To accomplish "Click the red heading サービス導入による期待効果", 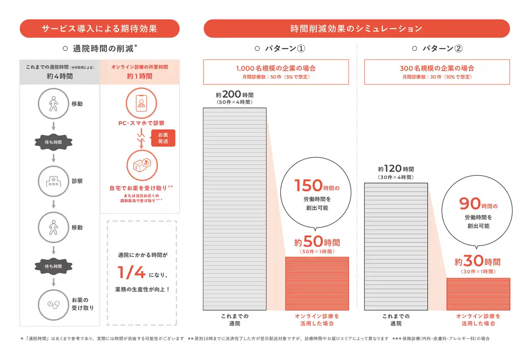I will [99, 29].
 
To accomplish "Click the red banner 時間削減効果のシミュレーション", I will [356, 29].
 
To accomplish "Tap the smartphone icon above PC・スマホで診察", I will [141, 103].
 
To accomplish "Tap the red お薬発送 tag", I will [163, 138].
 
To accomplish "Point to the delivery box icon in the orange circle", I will [141, 166].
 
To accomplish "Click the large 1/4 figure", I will [131, 273].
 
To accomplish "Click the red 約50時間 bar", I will [317, 283].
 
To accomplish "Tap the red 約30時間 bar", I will [478, 294].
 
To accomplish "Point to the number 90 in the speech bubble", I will [470, 204].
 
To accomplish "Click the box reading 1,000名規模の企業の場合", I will [276, 72].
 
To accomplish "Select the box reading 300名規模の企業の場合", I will [437, 72].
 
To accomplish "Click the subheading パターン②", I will [437, 49].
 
